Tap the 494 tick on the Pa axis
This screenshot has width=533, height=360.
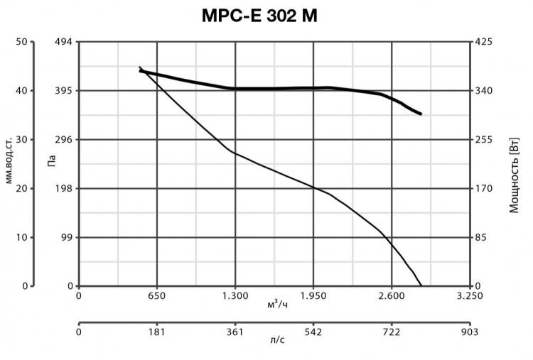point(63,42)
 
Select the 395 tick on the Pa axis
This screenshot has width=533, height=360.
point(63,91)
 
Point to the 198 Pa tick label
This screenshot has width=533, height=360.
point(63,189)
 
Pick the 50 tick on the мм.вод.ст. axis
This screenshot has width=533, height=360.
point(21,42)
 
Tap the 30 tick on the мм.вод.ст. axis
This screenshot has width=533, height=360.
point(21,140)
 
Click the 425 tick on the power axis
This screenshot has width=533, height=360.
point(483,42)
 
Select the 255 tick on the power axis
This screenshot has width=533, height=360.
point(483,140)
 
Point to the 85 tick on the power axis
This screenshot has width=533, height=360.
point(481,237)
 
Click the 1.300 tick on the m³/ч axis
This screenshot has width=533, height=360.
point(235,296)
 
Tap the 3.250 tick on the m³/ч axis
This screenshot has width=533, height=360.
point(469,296)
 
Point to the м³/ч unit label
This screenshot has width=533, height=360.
point(277,305)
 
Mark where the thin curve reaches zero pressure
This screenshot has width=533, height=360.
point(421,285)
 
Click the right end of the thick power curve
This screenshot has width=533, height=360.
point(421,114)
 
